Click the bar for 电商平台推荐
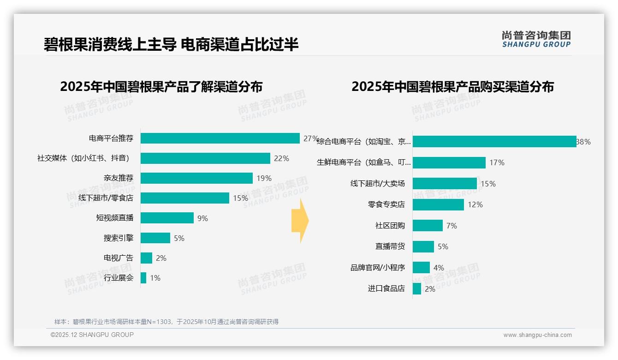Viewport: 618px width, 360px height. [x=220, y=138]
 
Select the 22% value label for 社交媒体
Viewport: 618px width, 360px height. [x=281, y=158]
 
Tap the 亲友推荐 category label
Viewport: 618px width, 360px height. [x=119, y=178]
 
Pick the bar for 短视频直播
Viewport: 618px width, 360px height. [x=167, y=218]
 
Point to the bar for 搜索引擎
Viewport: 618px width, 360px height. [x=155, y=238]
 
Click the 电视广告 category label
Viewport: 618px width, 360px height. [x=119, y=258]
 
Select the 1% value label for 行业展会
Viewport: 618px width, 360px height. [x=155, y=278]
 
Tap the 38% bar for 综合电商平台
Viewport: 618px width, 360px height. [x=494, y=142]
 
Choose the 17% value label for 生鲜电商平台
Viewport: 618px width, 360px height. [x=497, y=162]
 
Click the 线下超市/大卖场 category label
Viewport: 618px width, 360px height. [x=378, y=184]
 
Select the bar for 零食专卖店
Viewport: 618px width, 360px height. [x=438, y=204]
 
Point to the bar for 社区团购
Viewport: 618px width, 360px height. [x=428, y=226]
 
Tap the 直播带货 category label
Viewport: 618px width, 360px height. [x=390, y=246]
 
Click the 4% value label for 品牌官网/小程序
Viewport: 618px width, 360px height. [x=439, y=268]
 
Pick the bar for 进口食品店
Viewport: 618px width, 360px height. [x=417, y=289]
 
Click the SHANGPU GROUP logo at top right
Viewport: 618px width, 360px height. [x=536, y=39]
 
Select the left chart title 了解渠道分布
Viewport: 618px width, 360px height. [x=161, y=87]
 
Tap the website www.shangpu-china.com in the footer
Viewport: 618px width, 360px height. [x=537, y=335]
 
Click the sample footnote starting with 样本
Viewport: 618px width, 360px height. [x=166, y=322]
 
